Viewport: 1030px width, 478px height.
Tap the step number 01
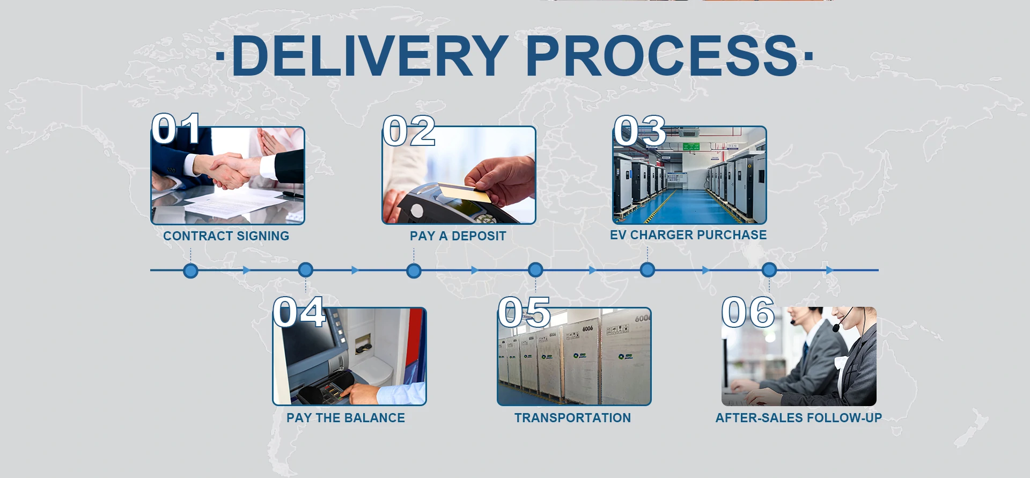(x=176, y=129)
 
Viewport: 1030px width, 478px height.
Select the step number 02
(x=409, y=131)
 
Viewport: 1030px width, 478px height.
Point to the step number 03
(x=639, y=130)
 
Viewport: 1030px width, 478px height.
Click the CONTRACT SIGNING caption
(x=226, y=236)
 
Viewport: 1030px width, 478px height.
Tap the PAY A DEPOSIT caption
(x=458, y=236)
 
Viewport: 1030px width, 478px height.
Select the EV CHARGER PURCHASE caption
(x=688, y=235)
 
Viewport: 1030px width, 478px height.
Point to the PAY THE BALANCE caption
(x=345, y=418)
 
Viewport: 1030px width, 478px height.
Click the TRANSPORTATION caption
(x=572, y=418)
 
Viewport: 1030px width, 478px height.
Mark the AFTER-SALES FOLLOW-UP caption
(x=798, y=418)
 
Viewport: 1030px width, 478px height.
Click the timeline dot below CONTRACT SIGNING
(x=190, y=270)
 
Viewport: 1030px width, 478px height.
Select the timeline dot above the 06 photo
(x=769, y=270)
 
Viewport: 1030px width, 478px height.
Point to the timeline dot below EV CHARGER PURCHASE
(x=648, y=270)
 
